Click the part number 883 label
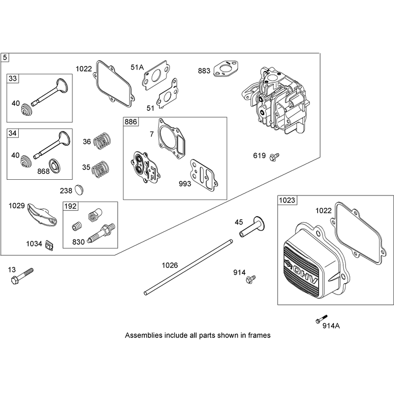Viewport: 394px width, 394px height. click(204, 71)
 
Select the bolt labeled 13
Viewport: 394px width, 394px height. click(22, 276)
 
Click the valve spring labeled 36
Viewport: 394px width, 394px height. click(102, 141)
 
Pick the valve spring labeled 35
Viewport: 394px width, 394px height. click(101, 169)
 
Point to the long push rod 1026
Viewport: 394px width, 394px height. click(188, 267)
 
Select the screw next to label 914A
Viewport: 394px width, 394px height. click(322, 319)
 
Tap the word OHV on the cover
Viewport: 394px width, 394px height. click(304, 273)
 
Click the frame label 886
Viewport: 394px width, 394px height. click(131, 122)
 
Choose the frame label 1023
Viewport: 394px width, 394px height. click(287, 200)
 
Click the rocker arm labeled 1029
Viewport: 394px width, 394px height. click(42, 214)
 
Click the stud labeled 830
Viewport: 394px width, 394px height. click(101, 233)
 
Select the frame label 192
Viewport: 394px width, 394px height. click(70, 206)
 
